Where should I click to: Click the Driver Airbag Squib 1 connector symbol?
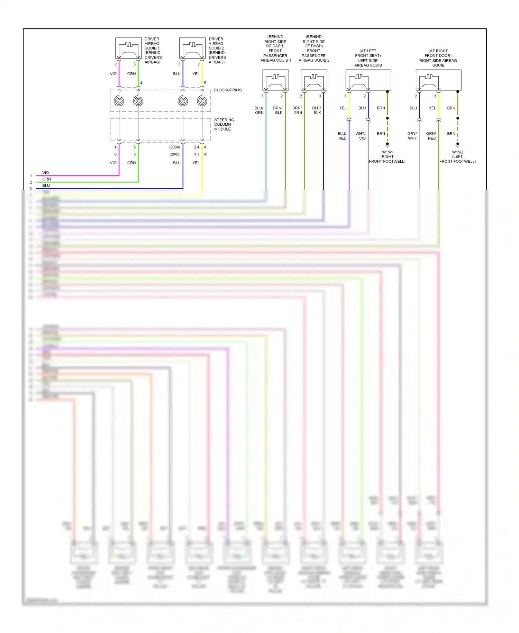(128, 48)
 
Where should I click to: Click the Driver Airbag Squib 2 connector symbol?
(192, 48)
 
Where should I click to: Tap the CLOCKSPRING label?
(228, 90)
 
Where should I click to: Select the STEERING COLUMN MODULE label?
(224, 125)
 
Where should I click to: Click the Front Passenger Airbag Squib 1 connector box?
(275, 80)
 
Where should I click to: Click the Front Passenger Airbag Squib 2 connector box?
(314, 80)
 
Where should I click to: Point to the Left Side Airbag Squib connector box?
(368, 80)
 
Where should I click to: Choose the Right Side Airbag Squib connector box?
(438, 80)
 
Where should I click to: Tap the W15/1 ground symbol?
(388, 145)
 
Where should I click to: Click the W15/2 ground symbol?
(458, 145)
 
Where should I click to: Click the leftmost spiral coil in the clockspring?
(119, 101)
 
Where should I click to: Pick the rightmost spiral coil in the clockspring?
(202, 101)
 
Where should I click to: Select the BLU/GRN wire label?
(259, 110)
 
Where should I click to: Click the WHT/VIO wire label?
(361, 136)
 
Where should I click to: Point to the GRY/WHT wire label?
(412, 136)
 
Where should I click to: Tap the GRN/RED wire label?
(431, 136)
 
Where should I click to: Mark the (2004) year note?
(175, 147)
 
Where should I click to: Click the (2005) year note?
(175, 154)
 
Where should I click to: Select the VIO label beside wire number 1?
(46, 173)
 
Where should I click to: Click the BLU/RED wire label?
(342, 136)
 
